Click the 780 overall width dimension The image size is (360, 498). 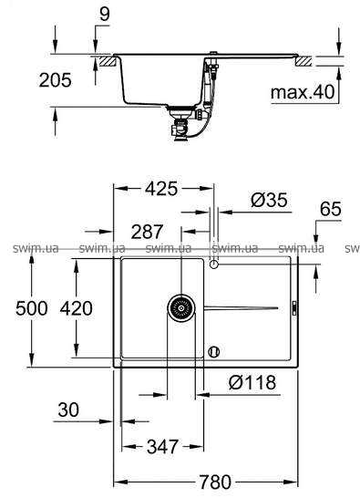[x=215, y=482]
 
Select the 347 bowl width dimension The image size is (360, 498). [x=162, y=447]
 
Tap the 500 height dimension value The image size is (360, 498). [x=32, y=308]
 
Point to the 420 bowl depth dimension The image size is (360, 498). [x=77, y=308]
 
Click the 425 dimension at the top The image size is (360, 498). [x=161, y=189]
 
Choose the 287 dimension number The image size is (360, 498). [x=147, y=232]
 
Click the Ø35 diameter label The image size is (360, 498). [x=269, y=200]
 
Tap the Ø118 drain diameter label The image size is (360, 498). [x=252, y=382]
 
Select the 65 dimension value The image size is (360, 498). [x=331, y=209]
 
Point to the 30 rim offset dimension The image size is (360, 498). [x=68, y=410]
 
